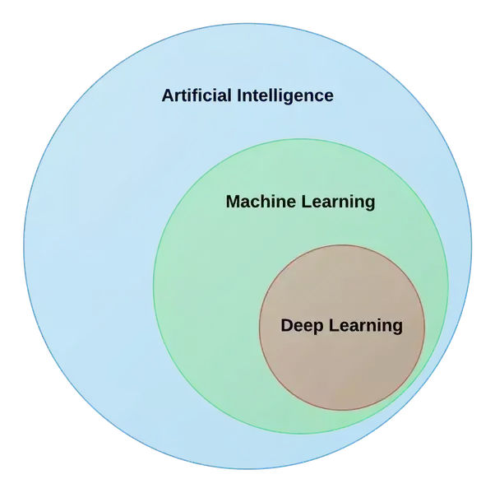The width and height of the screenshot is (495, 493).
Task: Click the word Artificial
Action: pos(198,95)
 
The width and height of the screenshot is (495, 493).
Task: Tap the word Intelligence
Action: pos(285,95)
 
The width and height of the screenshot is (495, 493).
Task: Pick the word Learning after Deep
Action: pos(366,326)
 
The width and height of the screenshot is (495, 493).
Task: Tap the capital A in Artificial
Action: pos(168,95)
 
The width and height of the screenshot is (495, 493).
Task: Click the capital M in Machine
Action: pos(233,202)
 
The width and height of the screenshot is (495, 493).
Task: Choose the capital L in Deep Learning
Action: pos(333,325)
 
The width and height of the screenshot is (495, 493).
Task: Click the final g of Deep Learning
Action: pos(398,328)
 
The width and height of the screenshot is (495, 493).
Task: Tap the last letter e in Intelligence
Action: pos(329,96)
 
